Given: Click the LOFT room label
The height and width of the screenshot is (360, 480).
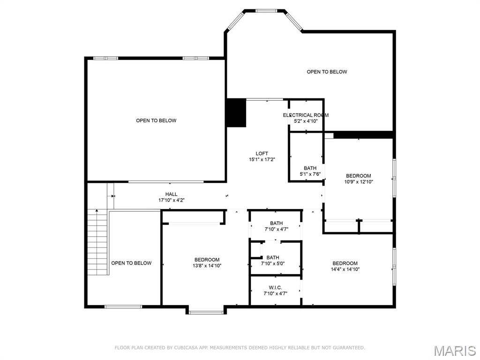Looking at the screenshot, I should pyautogui.click(x=262, y=154).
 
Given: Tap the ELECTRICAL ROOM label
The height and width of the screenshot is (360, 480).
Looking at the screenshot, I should pyautogui.click(x=306, y=115).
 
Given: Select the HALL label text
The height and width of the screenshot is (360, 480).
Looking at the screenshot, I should pyautogui.click(x=171, y=194).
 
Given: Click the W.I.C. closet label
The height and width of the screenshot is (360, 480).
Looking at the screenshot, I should pyautogui.click(x=275, y=287).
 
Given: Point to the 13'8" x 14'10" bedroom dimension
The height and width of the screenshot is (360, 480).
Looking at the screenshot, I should pyautogui.click(x=207, y=266).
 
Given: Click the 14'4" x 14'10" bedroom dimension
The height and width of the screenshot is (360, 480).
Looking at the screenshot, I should pyautogui.click(x=345, y=270).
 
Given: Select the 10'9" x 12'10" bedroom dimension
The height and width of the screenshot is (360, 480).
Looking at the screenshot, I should pyautogui.click(x=359, y=182).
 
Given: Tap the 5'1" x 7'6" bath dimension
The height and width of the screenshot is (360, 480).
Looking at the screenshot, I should pyautogui.click(x=310, y=174).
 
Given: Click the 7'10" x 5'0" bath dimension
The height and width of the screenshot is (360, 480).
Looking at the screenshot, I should pyautogui.click(x=273, y=263).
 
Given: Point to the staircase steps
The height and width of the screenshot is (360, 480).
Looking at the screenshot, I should pyautogui.click(x=98, y=244).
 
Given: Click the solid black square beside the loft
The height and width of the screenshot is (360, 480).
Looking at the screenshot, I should pyautogui.click(x=236, y=113).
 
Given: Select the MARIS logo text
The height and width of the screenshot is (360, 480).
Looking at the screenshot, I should pyautogui.click(x=454, y=351).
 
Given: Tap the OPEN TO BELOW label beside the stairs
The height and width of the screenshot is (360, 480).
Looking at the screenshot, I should pyautogui.click(x=131, y=263).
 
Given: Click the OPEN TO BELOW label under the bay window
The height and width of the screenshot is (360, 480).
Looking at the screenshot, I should pyautogui.click(x=327, y=72).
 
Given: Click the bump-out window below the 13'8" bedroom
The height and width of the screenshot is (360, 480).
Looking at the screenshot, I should pyautogui.click(x=206, y=312).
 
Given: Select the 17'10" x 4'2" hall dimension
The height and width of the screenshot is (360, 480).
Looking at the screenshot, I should pyautogui.click(x=171, y=200).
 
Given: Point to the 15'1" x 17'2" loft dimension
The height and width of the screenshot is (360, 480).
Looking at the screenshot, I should pyautogui.click(x=262, y=160).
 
